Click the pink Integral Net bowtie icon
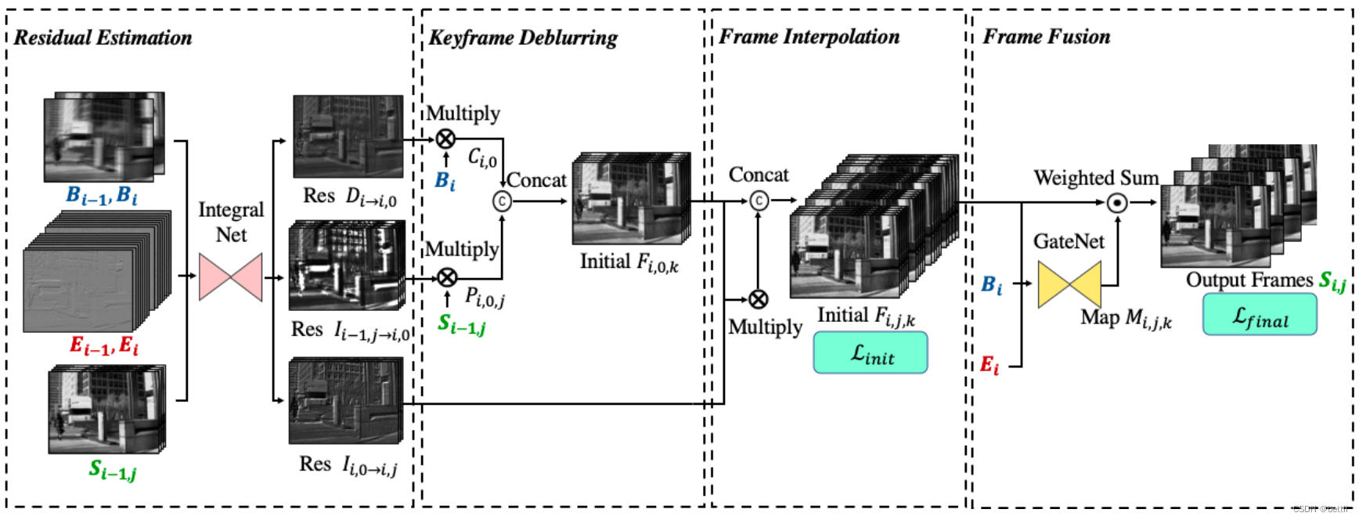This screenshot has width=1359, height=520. click(x=230, y=277)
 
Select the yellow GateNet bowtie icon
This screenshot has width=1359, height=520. click(x=1069, y=283)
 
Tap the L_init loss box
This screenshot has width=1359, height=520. click(x=871, y=353)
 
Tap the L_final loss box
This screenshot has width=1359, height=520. click(x=1259, y=315)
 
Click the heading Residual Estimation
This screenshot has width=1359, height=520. click(x=103, y=38)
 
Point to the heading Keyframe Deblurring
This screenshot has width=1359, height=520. click(x=522, y=38)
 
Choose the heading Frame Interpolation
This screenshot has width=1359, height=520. click(x=809, y=37)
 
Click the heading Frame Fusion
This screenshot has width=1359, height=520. click(x=1046, y=37)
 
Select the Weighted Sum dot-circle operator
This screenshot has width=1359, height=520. click(x=1117, y=203)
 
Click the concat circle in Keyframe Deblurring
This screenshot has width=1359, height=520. click(x=502, y=201)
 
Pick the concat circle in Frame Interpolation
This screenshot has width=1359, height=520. click(x=759, y=201)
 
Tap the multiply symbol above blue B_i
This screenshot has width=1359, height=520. click(x=445, y=139)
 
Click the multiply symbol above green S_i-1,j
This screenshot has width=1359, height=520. click(x=446, y=277)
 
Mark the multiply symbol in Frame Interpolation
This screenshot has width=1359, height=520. click(x=758, y=299)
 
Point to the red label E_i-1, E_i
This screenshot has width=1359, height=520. click(x=104, y=345)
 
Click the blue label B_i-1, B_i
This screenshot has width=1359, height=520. click(x=102, y=195)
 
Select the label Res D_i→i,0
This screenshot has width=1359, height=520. click(x=349, y=197)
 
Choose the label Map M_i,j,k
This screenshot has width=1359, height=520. click(x=1126, y=318)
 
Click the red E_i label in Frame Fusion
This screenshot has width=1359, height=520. click(x=990, y=365)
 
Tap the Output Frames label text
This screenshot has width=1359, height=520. click(x=1249, y=280)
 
